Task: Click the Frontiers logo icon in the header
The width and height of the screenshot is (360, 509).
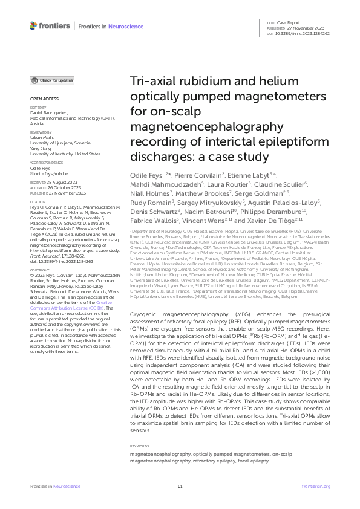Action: coord(33,25)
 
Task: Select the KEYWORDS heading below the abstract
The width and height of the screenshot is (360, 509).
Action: coord(140,447)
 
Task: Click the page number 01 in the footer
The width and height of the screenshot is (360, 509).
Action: coord(180,486)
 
